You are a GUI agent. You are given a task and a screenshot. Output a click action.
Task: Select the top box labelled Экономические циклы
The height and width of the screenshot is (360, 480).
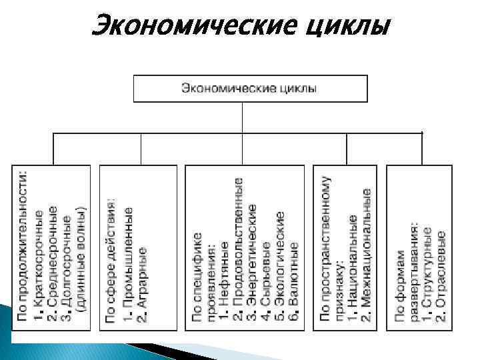tap(250, 88)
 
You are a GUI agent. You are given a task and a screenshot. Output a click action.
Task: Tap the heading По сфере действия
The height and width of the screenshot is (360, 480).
tap(111, 260)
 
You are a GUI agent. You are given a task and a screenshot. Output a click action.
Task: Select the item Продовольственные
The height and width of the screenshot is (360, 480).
tap(239, 256)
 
